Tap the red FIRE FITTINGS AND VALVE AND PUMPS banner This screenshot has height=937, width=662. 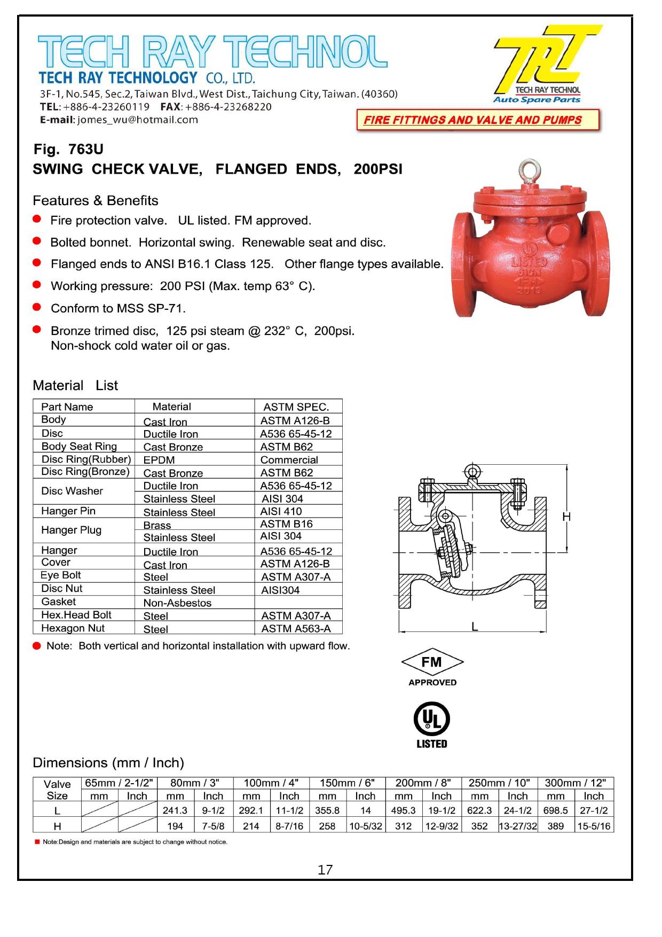click(x=477, y=120)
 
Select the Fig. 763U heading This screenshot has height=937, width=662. click(x=68, y=149)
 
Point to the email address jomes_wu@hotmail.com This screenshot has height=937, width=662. click(x=137, y=120)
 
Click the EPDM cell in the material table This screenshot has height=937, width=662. click(x=159, y=460)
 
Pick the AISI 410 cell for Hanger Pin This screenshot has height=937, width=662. click(x=282, y=511)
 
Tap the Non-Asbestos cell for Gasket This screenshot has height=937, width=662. click(x=177, y=603)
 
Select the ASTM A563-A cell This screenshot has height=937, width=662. click(x=296, y=629)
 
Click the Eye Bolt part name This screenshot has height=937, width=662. click(x=61, y=575)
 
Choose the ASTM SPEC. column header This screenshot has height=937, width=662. click(x=296, y=407)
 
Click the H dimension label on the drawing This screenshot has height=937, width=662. click(x=566, y=517)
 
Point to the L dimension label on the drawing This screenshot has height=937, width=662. click(x=474, y=627)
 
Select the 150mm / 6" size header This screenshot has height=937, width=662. click(x=346, y=783)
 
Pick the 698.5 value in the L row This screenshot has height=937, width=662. click(x=555, y=810)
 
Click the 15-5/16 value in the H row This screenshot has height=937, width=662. click(x=593, y=826)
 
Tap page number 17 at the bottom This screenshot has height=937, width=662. click(x=325, y=870)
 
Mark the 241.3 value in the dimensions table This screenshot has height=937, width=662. click(x=175, y=810)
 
